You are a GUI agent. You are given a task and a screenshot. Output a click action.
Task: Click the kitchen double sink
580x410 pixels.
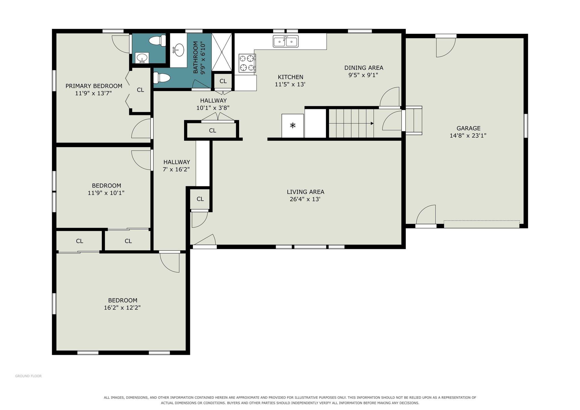point(286,41)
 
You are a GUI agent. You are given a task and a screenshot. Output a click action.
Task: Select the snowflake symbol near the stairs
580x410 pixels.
point(293,125)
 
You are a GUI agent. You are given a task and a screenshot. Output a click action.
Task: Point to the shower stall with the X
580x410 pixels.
point(222,52)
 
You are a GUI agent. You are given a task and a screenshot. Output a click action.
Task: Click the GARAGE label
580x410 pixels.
point(468,128)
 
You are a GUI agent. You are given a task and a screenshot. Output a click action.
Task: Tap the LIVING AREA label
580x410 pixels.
point(305,192)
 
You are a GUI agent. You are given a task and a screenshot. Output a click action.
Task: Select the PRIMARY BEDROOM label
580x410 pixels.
point(94,86)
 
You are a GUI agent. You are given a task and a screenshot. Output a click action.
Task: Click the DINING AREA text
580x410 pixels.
point(364,68)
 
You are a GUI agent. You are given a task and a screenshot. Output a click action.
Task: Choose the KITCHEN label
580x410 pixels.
point(291,77)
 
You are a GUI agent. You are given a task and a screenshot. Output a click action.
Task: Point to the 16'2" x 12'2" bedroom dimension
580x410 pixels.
point(122,308)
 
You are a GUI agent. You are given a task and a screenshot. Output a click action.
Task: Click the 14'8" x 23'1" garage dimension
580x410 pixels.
point(468,136)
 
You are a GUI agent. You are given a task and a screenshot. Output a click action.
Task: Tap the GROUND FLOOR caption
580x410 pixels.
point(28,376)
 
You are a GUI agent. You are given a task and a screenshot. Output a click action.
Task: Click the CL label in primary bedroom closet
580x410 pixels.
point(140,90)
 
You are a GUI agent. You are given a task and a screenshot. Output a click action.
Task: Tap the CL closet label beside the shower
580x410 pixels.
point(223,81)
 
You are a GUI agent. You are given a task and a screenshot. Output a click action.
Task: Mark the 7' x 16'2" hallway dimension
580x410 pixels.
point(176,169)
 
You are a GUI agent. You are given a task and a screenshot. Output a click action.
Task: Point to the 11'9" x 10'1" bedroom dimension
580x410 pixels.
point(106,193)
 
